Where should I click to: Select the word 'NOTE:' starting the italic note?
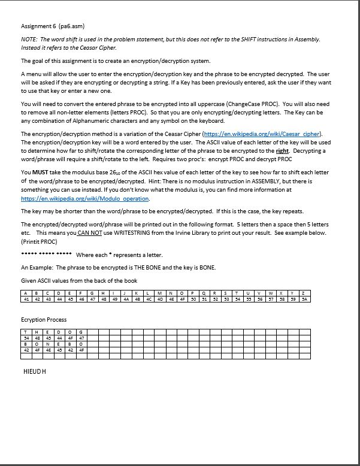tap(29, 39)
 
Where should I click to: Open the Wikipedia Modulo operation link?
tap(84, 198)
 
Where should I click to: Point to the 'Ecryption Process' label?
tap(44, 320)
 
